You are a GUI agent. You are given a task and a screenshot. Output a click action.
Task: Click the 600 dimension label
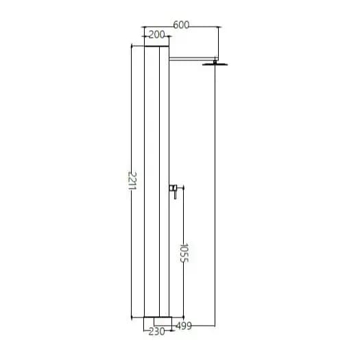point(181,25)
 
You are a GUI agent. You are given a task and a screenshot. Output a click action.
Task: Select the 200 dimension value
point(157,35)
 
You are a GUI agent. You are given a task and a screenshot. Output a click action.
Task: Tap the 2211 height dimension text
point(132,181)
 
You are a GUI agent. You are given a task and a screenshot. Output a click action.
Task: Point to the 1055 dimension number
point(184,253)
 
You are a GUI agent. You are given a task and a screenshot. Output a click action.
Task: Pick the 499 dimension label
point(184,326)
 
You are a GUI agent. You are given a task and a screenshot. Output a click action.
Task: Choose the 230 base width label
point(157,331)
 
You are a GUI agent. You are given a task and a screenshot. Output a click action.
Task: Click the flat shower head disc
point(215,64)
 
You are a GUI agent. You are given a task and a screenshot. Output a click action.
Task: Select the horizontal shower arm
point(192,59)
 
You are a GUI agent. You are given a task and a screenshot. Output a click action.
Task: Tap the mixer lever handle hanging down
point(175,195)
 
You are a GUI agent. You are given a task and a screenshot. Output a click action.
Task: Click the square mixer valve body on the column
point(171,188)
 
